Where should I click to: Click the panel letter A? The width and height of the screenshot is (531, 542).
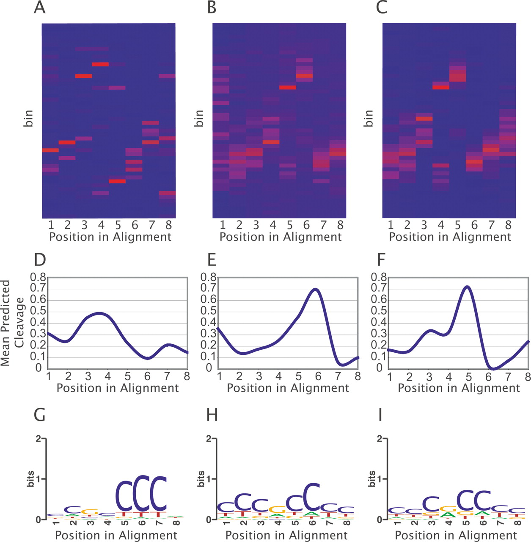point(39,8)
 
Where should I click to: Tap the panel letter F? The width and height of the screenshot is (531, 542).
point(381,260)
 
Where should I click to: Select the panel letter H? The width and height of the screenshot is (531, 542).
point(212,415)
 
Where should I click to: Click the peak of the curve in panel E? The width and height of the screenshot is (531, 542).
point(315,289)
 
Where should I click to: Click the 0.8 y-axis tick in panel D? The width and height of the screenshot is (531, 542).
point(38,278)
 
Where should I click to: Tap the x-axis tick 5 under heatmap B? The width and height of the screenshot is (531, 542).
point(290,225)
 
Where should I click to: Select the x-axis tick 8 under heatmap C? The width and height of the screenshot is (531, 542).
point(508,225)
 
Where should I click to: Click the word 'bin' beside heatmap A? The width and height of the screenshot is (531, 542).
point(28,119)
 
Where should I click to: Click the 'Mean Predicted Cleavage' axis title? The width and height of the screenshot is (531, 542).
point(13,323)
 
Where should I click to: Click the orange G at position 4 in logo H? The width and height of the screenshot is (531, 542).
point(277,509)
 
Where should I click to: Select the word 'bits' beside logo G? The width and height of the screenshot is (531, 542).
point(30,479)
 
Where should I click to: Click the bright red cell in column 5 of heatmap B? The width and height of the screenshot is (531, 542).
point(288,88)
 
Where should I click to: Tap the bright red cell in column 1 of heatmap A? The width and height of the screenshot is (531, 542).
point(50,150)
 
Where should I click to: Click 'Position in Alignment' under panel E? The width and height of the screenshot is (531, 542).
point(288,388)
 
